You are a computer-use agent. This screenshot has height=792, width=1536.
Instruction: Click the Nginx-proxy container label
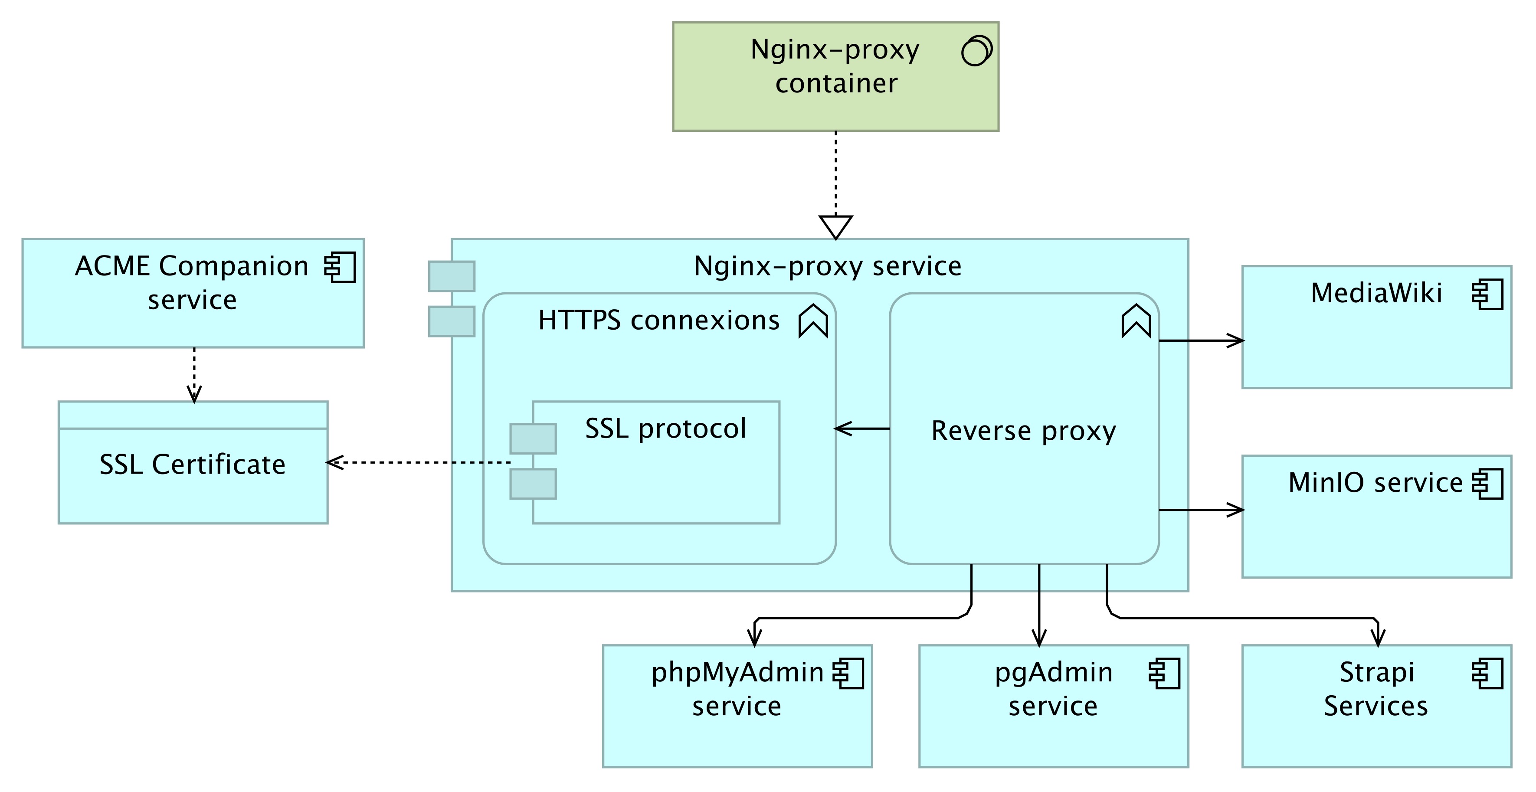(x=835, y=66)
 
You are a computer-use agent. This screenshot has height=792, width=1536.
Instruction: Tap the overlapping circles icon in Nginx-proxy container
(x=977, y=51)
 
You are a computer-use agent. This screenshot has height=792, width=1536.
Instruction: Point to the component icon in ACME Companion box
(x=340, y=267)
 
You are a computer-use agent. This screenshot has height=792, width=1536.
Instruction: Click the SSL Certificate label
(x=193, y=465)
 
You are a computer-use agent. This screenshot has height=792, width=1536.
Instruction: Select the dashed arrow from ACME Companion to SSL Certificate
(x=194, y=375)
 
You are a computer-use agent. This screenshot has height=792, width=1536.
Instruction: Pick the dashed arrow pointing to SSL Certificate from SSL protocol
(x=418, y=462)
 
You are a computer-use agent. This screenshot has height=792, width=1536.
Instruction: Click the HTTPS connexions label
(x=659, y=320)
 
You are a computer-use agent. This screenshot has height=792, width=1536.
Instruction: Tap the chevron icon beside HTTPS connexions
(x=813, y=321)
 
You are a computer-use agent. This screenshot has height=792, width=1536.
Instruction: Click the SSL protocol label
(x=665, y=428)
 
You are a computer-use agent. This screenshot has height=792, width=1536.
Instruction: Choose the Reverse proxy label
(x=1024, y=431)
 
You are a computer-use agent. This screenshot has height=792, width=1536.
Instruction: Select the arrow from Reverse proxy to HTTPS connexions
(x=862, y=428)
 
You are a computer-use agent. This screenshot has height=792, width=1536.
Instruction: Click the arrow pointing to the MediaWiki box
(x=1202, y=340)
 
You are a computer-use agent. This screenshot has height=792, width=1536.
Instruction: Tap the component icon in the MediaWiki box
(x=1487, y=294)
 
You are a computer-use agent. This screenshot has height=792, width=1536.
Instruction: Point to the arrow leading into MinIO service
(x=1202, y=510)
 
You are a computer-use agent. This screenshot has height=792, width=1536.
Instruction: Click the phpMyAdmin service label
(x=737, y=689)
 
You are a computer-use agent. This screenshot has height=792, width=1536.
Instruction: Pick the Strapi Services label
(x=1376, y=689)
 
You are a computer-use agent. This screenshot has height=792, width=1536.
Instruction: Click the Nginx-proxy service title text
(x=828, y=266)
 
